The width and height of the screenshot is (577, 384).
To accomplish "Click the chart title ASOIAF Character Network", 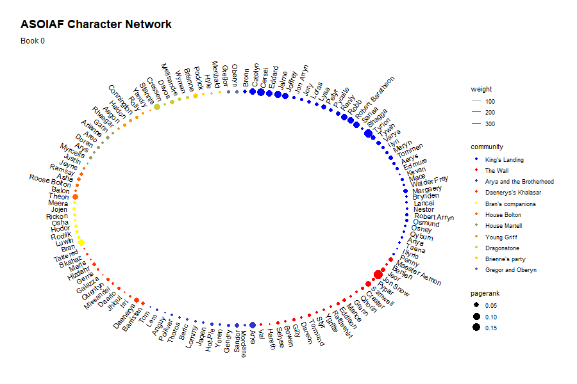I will click(96, 25).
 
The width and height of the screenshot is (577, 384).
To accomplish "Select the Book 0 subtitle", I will click(33, 42).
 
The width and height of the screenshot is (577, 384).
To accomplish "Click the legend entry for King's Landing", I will click(504, 159).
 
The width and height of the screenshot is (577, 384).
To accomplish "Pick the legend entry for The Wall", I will click(498, 171).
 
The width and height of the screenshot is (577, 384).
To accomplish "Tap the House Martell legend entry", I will click(503, 226).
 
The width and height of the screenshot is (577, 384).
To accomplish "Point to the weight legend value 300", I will click(490, 124).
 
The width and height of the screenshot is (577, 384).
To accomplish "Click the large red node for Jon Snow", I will click(378, 274).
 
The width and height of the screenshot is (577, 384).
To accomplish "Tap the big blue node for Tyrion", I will click(368, 133).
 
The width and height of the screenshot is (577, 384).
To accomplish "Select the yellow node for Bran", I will click(81, 242).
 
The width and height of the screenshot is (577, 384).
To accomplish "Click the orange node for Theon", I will click(75, 196).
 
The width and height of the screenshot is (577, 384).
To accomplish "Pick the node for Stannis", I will click(157, 107).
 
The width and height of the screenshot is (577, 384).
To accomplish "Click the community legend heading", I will click(487, 147).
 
